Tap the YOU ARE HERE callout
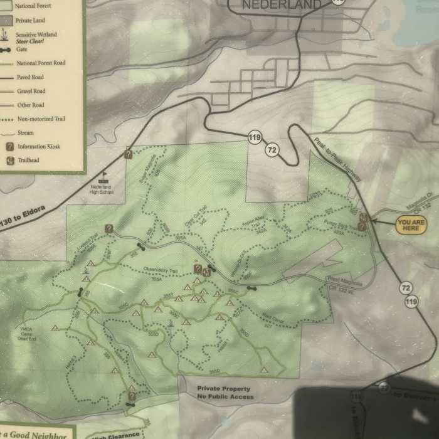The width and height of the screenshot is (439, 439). [411, 225]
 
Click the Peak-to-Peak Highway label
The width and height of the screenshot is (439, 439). [339, 159]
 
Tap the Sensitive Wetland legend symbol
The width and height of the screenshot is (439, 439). [9, 35]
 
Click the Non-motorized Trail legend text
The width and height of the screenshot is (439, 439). [41, 119]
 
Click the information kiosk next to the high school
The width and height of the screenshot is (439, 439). [128, 154]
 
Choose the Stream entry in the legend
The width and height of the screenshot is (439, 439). [26, 133]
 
